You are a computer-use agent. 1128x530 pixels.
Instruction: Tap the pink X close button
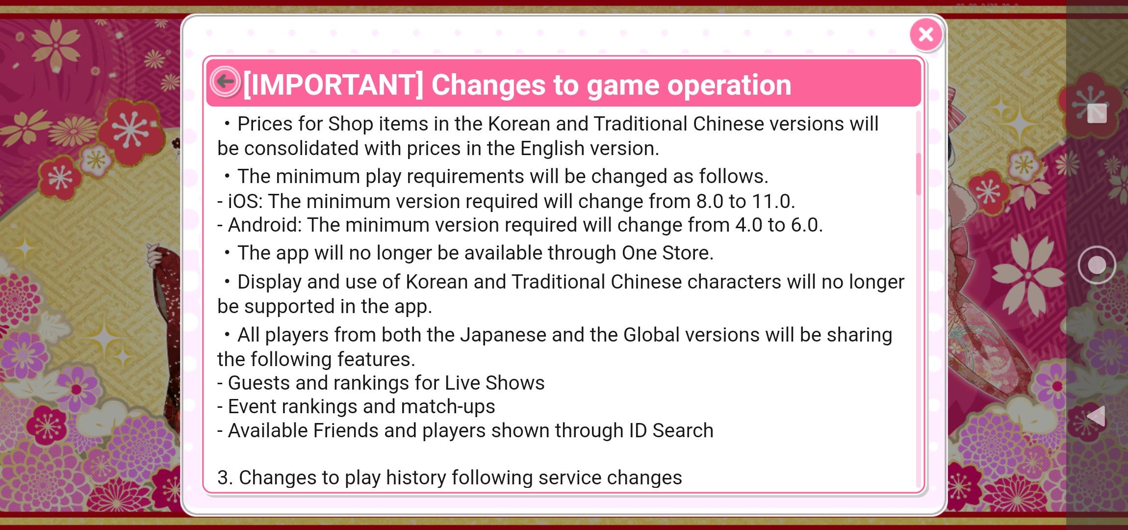click(x=925, y=34)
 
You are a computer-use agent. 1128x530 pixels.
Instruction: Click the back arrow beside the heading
click(x=225, y=81)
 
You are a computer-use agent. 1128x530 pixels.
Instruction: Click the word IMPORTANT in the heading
click(x=333, y=85)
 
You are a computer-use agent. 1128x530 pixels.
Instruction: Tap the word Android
click(x=265, y=225)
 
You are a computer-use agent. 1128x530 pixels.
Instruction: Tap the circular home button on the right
click(x=1097, y=265)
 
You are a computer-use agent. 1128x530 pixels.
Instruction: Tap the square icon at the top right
click(x=1097, y=113)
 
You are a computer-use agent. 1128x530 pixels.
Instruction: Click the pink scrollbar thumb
click(x=918, y=174)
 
